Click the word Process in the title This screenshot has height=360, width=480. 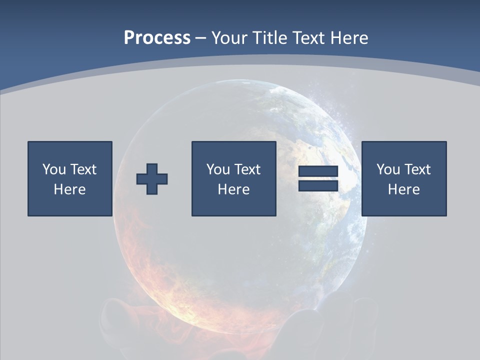157,38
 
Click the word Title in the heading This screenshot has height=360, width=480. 268,38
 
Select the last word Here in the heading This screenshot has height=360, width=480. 349,38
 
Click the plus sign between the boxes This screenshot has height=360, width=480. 152,179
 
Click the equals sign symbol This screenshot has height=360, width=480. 318,178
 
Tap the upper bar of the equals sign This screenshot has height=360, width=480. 318,172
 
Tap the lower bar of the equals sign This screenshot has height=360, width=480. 318,185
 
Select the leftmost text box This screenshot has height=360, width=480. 70,178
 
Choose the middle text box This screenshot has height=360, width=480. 233,178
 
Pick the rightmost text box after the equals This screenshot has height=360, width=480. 403,178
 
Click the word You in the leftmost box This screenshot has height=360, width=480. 54,169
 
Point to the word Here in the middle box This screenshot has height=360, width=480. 233,189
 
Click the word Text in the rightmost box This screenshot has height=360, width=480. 417,169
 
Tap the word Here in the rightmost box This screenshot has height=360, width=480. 403,189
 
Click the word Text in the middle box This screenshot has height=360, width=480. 247,169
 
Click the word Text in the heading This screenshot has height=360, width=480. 308,38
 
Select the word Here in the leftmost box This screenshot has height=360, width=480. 69,189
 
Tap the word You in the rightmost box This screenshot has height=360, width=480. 388,169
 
